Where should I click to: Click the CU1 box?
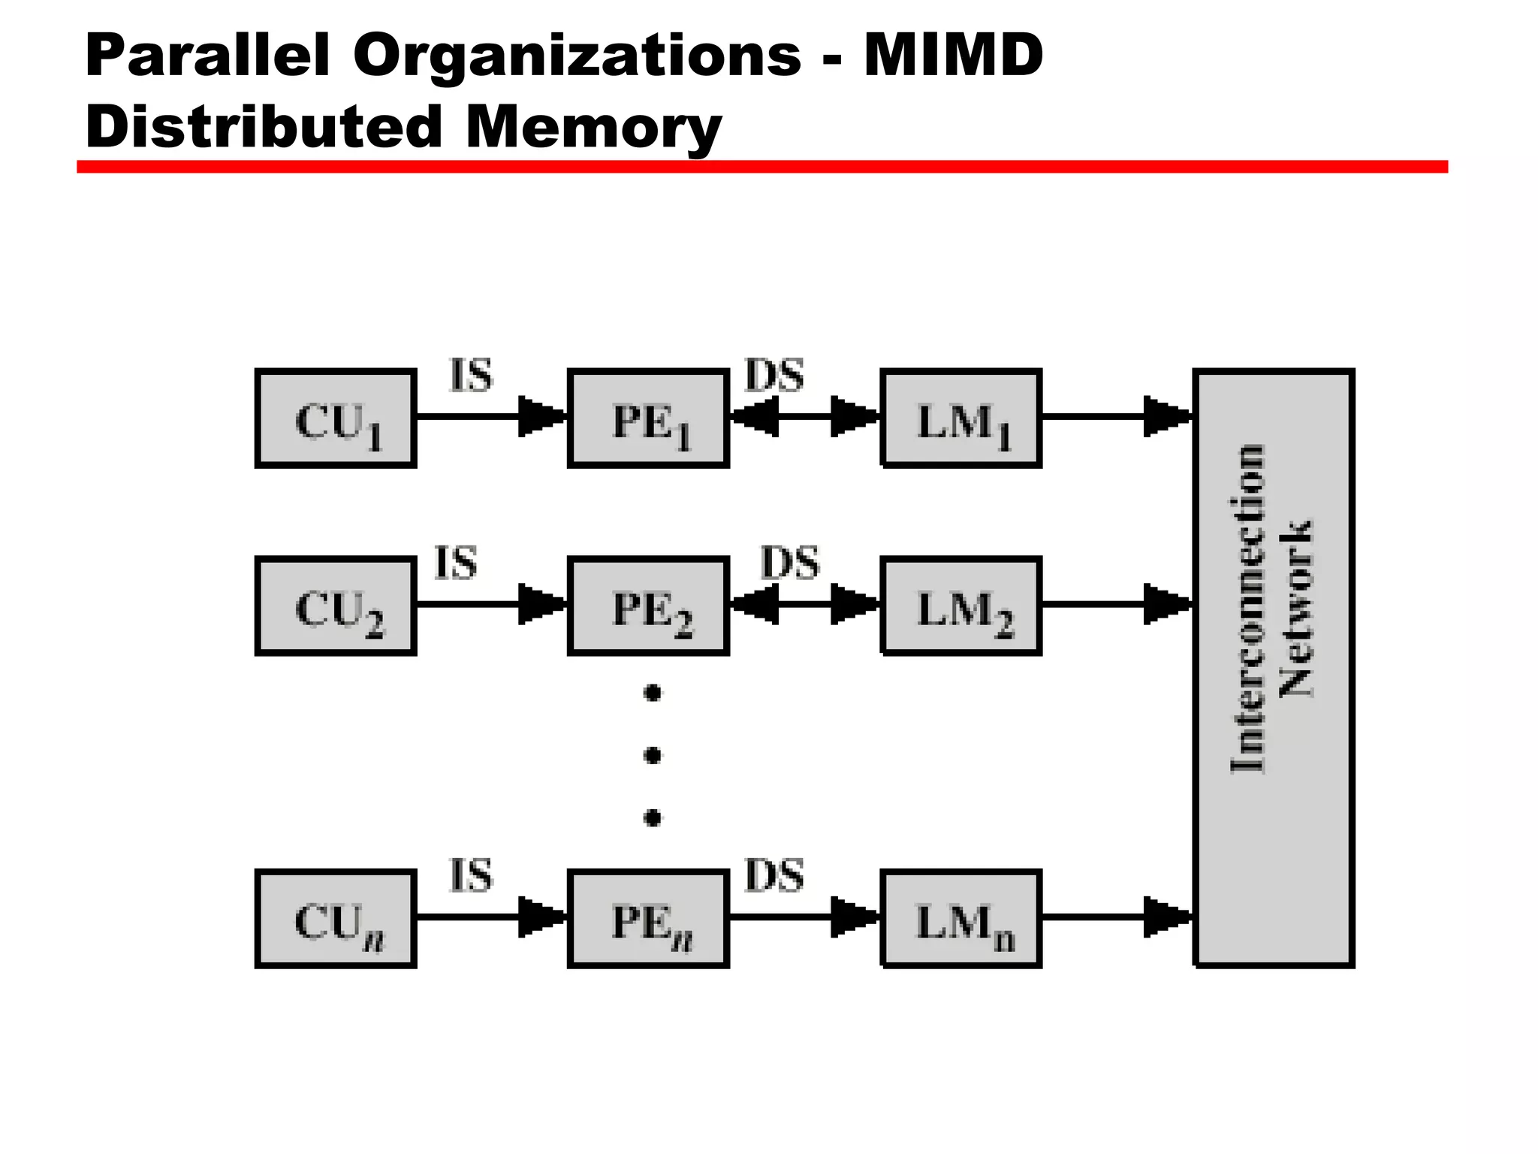[336, 418]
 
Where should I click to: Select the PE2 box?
[648, 606]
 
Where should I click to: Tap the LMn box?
[961, 919]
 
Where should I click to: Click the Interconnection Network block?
[1274, 669]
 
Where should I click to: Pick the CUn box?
[336, 919]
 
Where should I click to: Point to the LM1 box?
[961, 418]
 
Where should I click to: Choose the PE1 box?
[648, 418]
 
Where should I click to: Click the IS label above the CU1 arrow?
[471, 375]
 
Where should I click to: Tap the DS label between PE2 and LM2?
[790, 563]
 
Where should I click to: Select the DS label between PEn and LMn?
[774, 875]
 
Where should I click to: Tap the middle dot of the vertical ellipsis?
[653, 754]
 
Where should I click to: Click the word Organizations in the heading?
[577, 56]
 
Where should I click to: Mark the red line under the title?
[761, 167]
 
